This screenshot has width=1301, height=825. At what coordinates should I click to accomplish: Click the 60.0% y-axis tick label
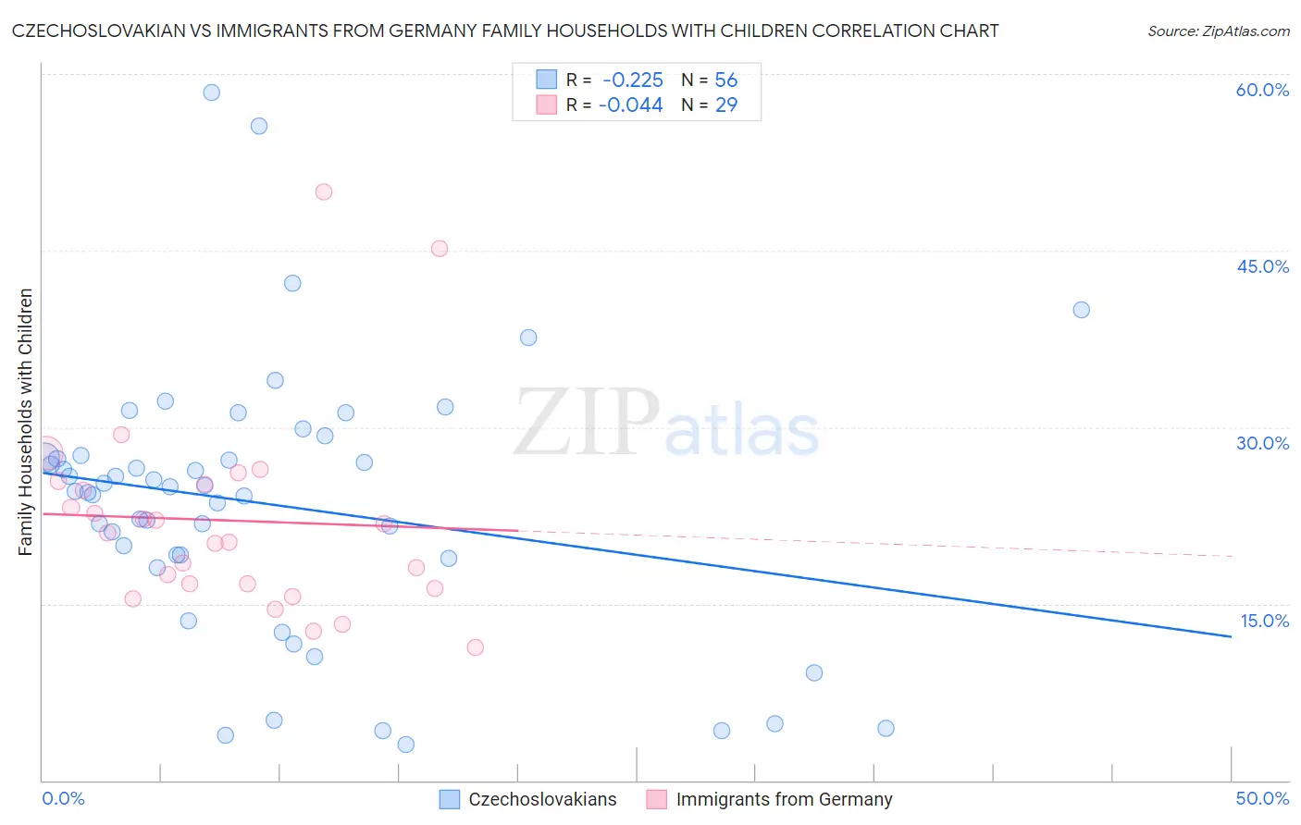point(1262,90)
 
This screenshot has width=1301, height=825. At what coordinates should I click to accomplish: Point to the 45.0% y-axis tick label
point(1262,266)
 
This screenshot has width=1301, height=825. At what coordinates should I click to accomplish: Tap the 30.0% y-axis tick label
point(1262,443)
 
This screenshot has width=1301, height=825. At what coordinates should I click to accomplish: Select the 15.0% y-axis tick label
point(1264,621)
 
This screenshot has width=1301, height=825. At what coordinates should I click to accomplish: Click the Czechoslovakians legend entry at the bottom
point(541,800)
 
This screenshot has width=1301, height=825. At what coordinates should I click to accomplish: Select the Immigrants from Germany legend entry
point(783,800)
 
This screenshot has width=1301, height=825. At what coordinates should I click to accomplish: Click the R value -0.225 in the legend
point(632,80)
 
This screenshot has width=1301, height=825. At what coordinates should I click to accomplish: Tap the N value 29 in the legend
point(726,105)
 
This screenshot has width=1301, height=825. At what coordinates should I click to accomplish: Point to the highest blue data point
point(212,92)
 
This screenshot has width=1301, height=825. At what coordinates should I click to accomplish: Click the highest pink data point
point(324,192)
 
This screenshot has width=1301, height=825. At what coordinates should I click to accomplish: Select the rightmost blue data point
point(1081,310)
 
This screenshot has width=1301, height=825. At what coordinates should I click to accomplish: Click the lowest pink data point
point(476,647)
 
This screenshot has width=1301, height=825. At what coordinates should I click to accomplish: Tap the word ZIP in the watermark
point(587,422)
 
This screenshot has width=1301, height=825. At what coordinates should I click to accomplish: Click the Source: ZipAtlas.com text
point(1218,31)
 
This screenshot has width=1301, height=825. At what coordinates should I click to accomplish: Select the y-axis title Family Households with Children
point(26,422)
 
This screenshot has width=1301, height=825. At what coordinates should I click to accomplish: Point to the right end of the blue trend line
point(1231,636)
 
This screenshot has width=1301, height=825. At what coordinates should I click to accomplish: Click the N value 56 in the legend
point(725,80)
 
